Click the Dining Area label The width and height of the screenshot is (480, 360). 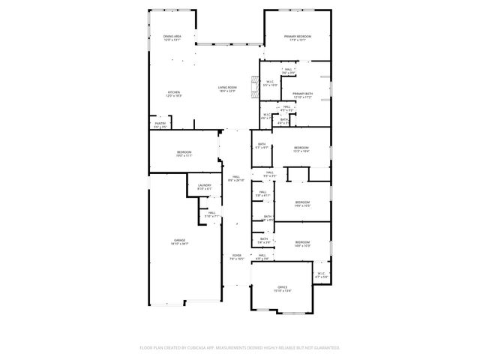tap(172, 36)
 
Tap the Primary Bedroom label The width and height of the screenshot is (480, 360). tap(298, 36)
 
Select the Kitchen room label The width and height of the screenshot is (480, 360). tap(173, 92)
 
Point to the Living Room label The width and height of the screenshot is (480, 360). tap(228, 88)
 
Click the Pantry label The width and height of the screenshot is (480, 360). tap(160, 123)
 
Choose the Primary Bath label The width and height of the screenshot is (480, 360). tap(303, 94)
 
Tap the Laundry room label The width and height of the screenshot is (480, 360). tap(204, 185)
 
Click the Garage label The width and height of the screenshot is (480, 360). tap(180, 240)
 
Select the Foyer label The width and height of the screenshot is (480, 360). tap(236, 256)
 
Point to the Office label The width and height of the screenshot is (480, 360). tap(283, 287)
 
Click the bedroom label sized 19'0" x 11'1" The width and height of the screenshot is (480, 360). tap(184, 153)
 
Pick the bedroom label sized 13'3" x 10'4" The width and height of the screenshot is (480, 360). tap(301, 148)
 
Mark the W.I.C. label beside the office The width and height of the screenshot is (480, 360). tap(321, 274)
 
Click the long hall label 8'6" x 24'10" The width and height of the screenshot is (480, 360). tap(236, 177)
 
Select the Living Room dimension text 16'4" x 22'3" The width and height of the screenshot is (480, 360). tap(228, 91)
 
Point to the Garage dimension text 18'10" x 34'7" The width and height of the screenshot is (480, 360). tap(180, 244)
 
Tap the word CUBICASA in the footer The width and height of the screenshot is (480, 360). tap(204, 348)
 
